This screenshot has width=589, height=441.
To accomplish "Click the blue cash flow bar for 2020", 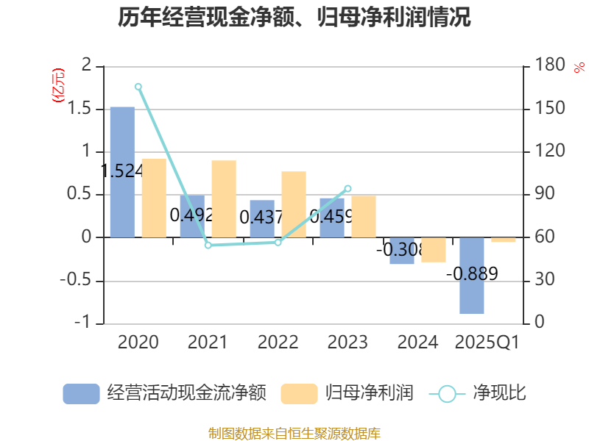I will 122,172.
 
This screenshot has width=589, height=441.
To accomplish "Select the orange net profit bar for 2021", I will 224,198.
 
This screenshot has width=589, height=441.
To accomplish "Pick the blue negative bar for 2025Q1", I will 471,276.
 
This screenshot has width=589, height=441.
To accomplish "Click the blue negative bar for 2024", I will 402,251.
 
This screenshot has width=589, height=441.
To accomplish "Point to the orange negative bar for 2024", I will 434,250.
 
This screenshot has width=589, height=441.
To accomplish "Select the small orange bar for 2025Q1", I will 504,240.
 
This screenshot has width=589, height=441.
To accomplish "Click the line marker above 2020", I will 138,86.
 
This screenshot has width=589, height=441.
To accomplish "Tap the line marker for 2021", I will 208,245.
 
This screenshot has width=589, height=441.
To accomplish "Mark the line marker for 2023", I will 348,188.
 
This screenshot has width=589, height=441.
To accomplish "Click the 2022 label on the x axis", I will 278,343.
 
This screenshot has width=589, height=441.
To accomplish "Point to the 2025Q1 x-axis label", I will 487,343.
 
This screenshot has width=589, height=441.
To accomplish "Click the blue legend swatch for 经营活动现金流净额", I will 81,393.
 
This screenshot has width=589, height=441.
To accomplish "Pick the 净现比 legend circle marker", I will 447,393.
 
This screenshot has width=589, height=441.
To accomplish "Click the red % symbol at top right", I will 579,68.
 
